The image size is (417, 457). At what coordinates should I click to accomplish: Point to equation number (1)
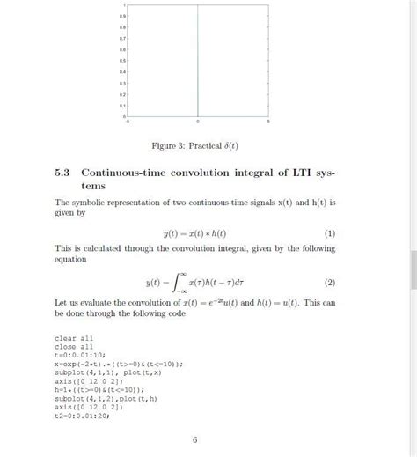tap(330, 234)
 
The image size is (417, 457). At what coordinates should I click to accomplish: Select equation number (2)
tap(330, 283)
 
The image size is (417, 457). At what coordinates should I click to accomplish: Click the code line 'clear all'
tap(75, 338)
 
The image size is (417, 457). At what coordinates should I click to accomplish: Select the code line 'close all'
tap(75, 347)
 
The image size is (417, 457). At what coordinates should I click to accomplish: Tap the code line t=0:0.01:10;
tap(81, 355)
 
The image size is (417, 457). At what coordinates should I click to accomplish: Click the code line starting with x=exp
tap(106, 364)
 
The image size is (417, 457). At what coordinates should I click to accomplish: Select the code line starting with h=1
tap(99, 389)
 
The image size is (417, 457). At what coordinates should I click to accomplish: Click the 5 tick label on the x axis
tap(267, 121)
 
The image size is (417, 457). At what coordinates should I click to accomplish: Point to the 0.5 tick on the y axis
tap(124, 61)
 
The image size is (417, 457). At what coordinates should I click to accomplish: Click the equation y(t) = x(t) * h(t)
tap(194, 234)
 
